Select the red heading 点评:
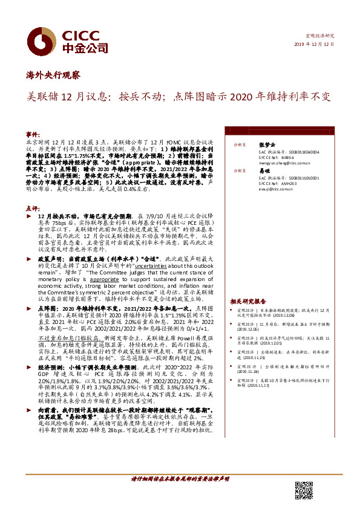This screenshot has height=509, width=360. (33, 208)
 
